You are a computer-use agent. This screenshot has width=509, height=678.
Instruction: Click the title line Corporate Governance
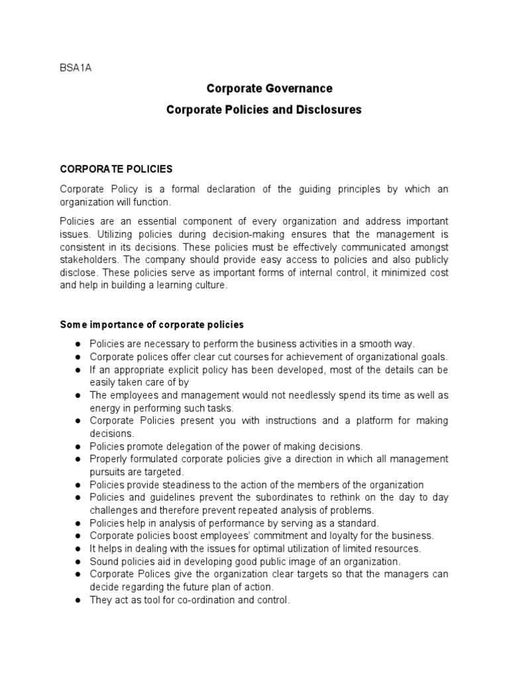(x=269, y=88)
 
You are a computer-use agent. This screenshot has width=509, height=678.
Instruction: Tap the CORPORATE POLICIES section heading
(x=117, y=169)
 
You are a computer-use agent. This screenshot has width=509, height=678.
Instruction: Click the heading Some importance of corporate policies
(x=152, y=324)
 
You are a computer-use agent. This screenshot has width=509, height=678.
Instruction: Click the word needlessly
(x=298, y=395)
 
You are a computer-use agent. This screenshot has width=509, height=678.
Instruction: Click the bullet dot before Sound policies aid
(x=78, y=561)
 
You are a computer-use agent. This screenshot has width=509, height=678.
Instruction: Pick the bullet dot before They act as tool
(x=78, y=600)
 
